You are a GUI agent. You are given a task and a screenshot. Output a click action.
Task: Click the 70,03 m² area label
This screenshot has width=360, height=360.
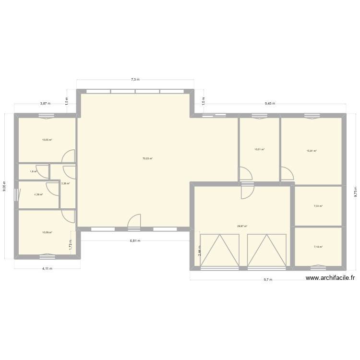(x=147, y=158)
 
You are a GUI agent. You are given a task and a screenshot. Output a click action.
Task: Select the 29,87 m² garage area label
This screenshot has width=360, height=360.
(x=242, y=226)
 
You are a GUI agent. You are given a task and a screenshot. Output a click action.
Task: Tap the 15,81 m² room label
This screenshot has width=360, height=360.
(x=312, y=151)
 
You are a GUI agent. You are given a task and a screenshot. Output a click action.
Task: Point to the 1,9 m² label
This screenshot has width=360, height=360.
(x=33, y=171)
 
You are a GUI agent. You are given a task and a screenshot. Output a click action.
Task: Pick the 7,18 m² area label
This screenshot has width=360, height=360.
(x=318, y=247)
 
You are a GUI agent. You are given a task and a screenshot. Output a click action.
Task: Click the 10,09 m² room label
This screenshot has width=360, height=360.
(x=47, y=232)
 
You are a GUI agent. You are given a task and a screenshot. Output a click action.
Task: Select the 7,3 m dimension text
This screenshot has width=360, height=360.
(x=135, y=80)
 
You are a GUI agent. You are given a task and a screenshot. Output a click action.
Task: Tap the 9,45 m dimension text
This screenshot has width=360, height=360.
(x=269, y=103)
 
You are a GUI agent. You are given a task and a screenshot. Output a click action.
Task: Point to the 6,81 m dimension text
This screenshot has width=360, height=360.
(x=135, y=240)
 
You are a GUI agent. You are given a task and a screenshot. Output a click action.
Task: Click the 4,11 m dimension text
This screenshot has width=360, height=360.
(x=47, y=268)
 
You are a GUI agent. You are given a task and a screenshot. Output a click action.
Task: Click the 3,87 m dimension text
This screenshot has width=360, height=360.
(x=45, y=103)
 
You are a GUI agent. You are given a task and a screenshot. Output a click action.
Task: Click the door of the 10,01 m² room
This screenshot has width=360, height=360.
(x=245, y=173)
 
